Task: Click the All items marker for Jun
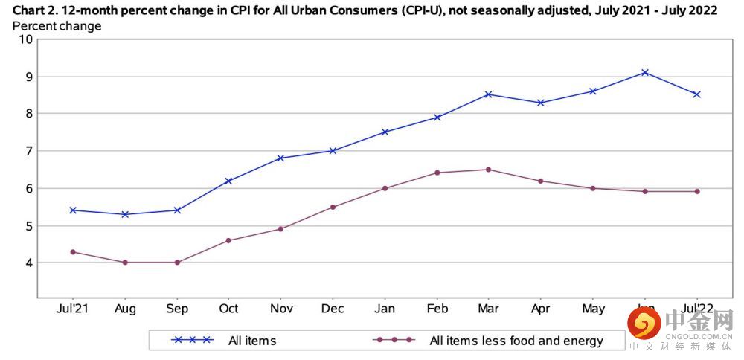[645, 72]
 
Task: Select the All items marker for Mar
[489, 94]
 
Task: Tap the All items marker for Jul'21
[73, 210]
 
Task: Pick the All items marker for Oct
[229, 181]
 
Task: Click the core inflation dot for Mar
[489, 170]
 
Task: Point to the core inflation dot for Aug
[125, 263]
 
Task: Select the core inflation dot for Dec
[333, 207]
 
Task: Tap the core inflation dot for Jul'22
[697, 191]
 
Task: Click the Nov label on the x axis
[280, 309]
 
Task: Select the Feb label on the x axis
[437, 309]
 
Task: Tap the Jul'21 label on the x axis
[73, 309]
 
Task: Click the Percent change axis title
[57, 26]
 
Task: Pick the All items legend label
[252, 341]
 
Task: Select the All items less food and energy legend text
[516, 341]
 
